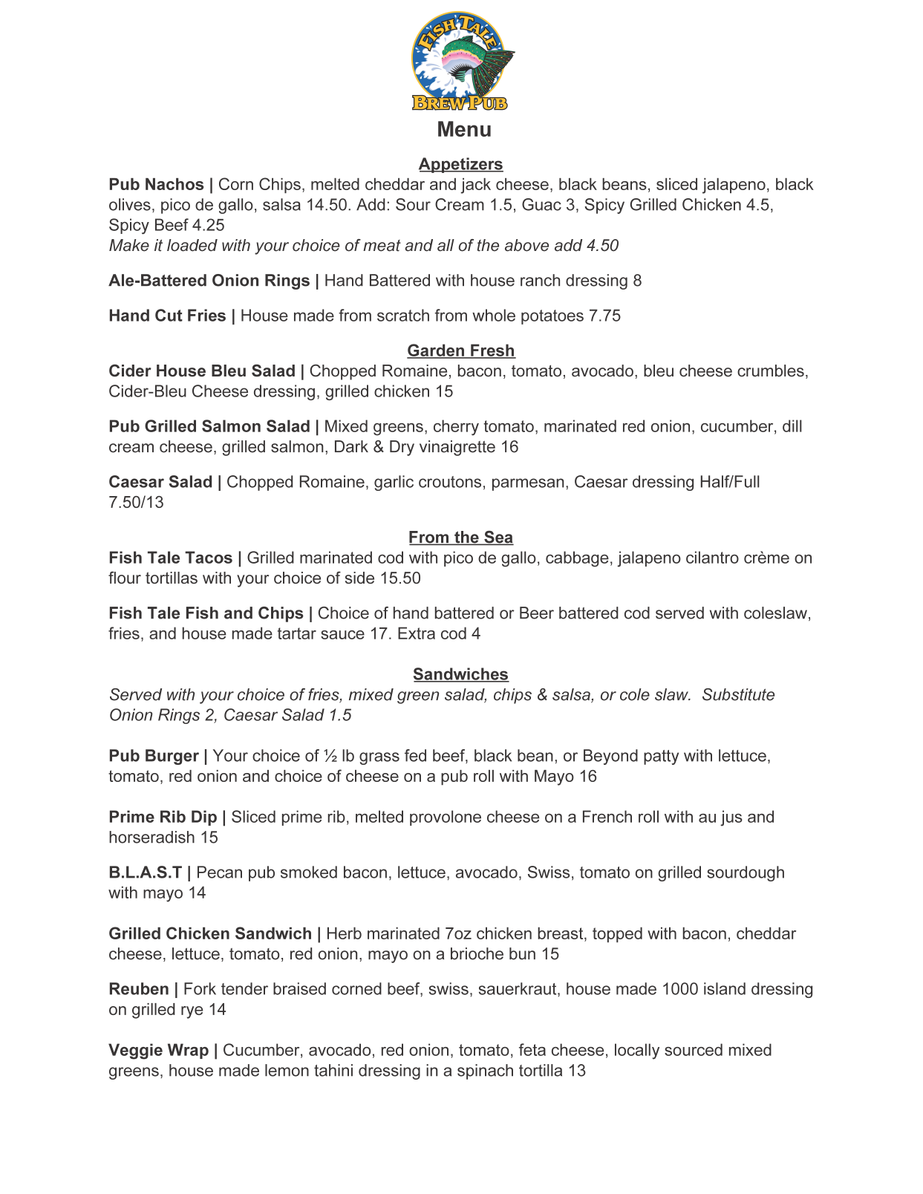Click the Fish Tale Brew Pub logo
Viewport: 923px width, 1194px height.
click(463, 62)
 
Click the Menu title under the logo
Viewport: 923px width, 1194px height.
click(464, 129)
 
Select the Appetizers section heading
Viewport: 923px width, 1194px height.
click(460, 164)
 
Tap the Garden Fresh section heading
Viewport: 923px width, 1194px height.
click(460, 350)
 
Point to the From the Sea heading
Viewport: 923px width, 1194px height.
click(460, 537)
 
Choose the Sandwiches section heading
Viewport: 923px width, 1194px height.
click(460, 674)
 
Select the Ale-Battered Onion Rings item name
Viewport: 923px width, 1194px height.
click(209, 281)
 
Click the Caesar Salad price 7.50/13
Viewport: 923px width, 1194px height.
click(136, 502)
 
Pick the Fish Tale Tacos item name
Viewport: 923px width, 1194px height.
click(170, 558)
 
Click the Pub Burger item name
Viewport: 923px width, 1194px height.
click(153, 756)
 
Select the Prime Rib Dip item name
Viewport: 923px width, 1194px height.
click(163, 817)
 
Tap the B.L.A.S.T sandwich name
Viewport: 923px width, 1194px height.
click(145, 872)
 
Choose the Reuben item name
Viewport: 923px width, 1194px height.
click(138, 989)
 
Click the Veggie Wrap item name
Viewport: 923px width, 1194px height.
click(158, 1050)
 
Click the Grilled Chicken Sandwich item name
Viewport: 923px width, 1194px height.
click(210, 933)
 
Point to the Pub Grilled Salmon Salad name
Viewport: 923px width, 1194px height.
click(209, 426)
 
